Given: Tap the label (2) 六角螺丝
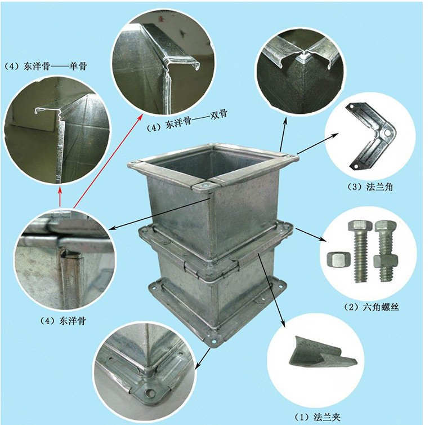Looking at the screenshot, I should pos(370,308).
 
